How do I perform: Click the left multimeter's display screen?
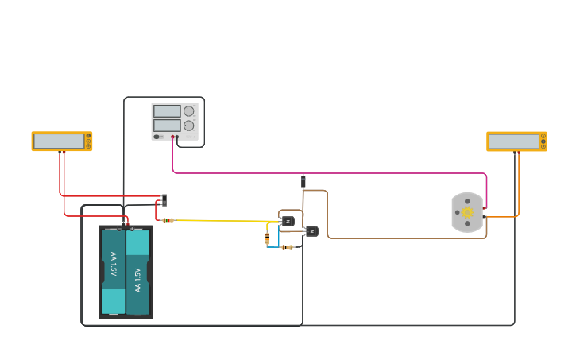tap(59, 141)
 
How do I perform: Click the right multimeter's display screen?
tap(514, 141)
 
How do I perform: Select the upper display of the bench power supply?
tap(167, 111)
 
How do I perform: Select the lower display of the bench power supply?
tap(167, 126)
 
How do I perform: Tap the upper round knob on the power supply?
tap(189, 111)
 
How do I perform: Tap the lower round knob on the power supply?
tap(189, 126)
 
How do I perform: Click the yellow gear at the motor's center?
tap(467, 212)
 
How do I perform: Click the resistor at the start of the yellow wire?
tap(168, 220)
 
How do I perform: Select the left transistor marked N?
tap(288, 221)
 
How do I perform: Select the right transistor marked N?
tap(312, 231)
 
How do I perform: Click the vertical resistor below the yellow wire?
tap(267, 238)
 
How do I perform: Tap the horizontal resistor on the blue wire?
tap(287, 247)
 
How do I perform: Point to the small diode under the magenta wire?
tap(303, 182)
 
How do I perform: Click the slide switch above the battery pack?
tap(164, 199)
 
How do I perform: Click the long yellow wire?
tap(230, 220)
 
